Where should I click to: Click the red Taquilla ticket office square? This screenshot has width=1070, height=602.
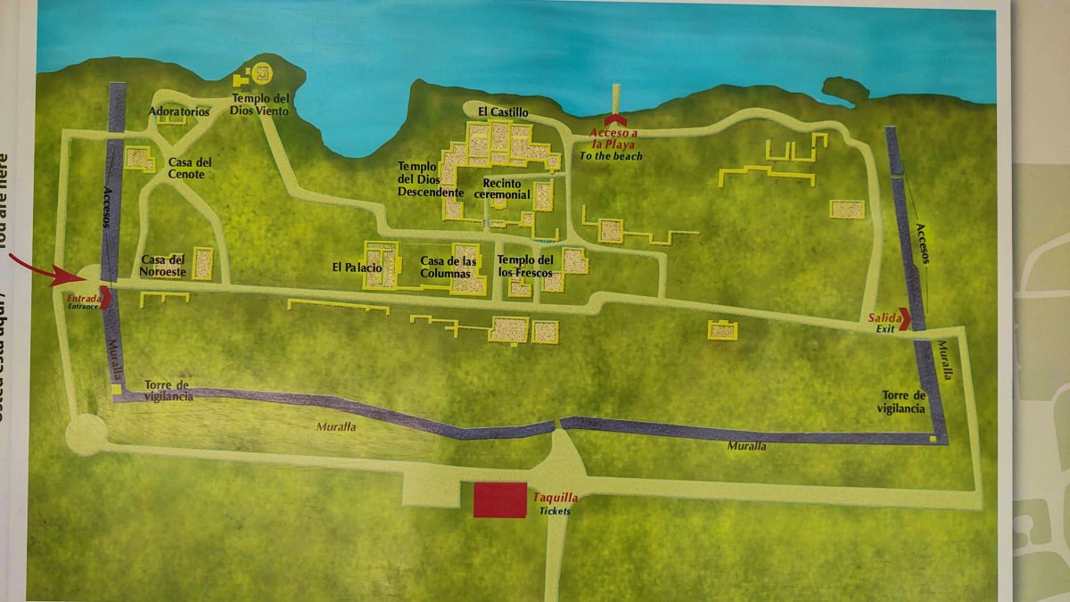coord(499,500)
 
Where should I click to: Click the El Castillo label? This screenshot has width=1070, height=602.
coord(503,111)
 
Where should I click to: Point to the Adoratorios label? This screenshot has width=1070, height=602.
coord(179,112)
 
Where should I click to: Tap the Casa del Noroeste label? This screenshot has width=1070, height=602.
coord(162,265)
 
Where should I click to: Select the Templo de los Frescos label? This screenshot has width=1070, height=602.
coord(525,266)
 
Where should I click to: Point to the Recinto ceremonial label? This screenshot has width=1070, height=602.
coord(502,188)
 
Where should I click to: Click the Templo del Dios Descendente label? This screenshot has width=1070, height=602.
coord(431,179)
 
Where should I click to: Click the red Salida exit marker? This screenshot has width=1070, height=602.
coord(905,318)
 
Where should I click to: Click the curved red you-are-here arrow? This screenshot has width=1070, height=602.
coord(45,269)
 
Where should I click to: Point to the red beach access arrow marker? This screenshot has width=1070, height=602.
coord(613,120)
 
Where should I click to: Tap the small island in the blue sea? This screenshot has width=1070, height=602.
coord(845,88)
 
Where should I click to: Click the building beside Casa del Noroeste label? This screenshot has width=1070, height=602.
coord(203,263)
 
